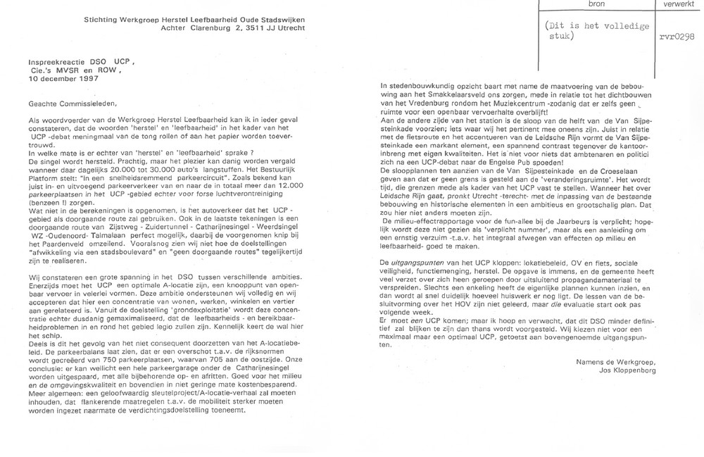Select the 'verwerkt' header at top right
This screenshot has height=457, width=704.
tap(674, 4)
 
